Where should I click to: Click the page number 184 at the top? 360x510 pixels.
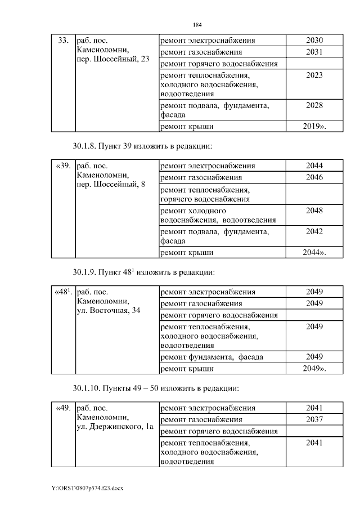(197, 25)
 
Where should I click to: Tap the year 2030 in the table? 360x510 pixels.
(314, 41)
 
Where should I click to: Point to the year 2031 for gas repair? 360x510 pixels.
(314, 52)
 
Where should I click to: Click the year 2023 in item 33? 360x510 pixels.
(314, 75)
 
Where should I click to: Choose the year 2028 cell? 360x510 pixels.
(314, 105)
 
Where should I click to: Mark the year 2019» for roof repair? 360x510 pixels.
(314, 127)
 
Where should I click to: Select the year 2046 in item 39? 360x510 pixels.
(314, 177)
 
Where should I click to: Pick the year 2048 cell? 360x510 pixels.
(314, 211)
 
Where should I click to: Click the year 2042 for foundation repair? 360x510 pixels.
(314, 231)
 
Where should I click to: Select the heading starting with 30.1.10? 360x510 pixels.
(156, 388)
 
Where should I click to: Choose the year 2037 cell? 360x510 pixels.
(314, 419)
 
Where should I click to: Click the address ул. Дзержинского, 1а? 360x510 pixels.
(115, 427)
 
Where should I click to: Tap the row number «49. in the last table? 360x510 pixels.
(62, 408)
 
